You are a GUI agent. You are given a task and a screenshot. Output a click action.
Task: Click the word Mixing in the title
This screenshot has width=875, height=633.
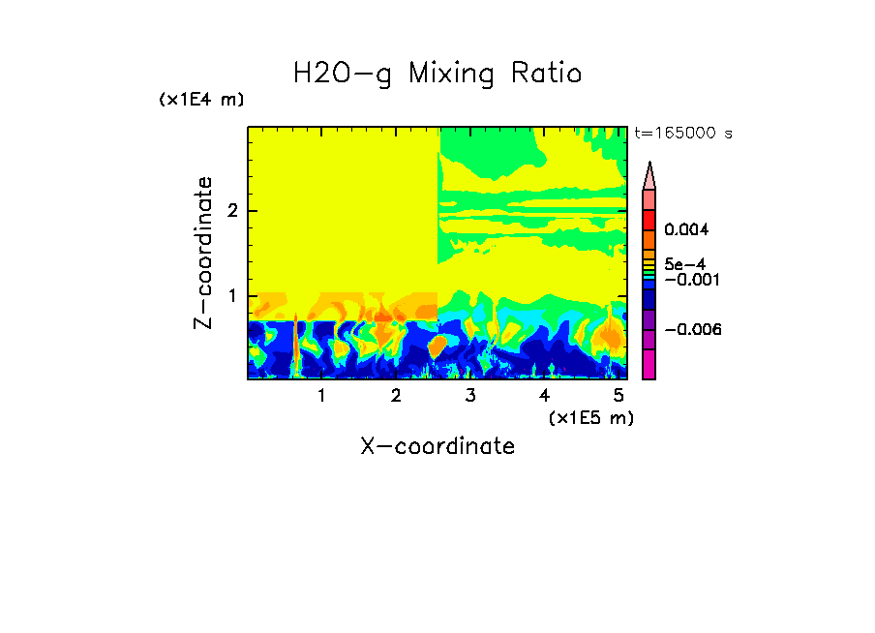(x=455, y=75)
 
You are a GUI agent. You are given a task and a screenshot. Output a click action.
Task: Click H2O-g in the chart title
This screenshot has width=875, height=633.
(x=343, y=75)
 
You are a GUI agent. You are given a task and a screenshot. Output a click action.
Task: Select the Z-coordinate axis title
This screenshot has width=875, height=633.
(x=203, y=253)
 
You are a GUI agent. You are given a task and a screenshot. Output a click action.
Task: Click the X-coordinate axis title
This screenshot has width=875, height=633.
(x=437, y=446)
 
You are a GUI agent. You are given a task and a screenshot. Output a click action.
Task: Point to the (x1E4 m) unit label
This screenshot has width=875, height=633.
(x=201, y=100)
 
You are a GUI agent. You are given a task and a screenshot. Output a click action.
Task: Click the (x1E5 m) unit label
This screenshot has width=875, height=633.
(x=590, y=417)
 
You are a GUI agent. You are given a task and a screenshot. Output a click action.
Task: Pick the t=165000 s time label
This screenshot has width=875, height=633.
(x=681, y=133)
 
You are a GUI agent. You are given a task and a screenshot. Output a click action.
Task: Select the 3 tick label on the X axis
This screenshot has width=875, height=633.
(x=470, y=396)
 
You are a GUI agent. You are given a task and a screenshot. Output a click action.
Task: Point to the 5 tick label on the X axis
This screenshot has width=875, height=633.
(x=619, y=396)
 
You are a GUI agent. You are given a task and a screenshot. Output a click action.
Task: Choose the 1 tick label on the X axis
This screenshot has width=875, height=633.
(x=321, y=396)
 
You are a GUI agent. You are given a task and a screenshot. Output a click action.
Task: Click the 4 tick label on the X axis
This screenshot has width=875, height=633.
(x=544, y=396)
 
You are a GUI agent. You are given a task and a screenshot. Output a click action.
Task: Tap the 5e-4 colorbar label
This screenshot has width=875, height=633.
(x=683, y=264)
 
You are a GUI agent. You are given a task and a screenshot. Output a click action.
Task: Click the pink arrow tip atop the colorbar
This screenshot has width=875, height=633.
(x=649, y=176)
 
